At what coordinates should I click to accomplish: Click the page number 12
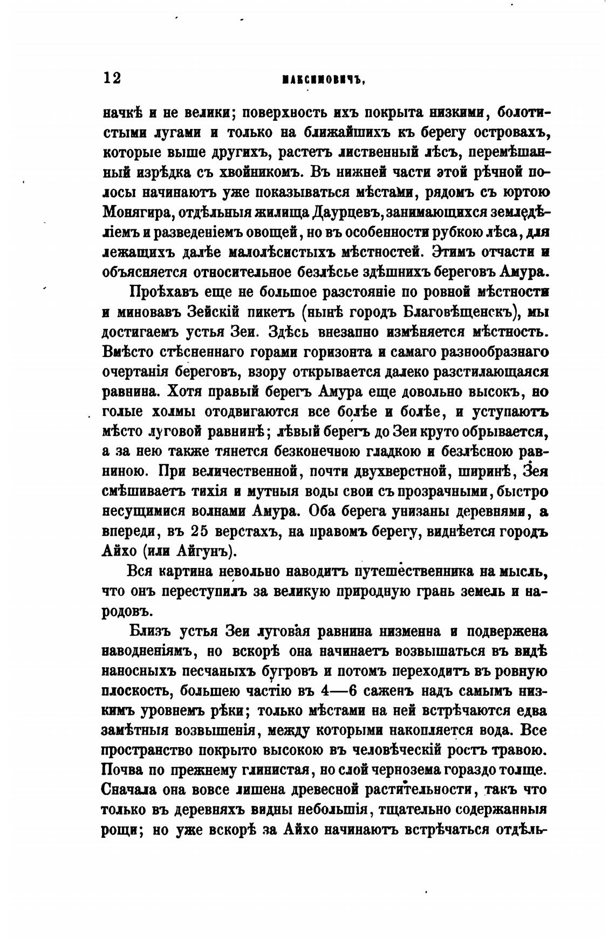112,79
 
